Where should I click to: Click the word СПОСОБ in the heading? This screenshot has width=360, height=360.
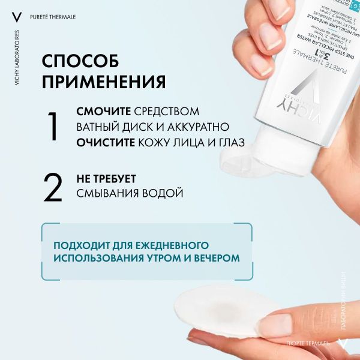point(80,62)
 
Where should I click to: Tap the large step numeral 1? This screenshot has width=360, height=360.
point(53,127)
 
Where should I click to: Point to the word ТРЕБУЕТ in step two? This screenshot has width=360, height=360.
point(116,179)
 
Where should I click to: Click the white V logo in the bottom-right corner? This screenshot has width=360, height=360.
point(343,344)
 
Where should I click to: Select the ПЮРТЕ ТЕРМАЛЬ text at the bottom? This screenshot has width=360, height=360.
point(308,345)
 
